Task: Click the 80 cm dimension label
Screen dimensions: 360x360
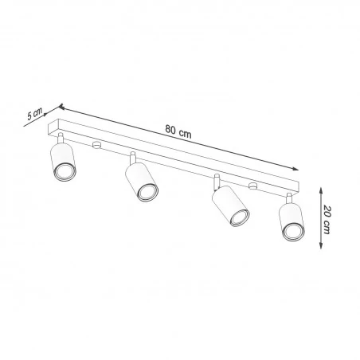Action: tap(178, 131)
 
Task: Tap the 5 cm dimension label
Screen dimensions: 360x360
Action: tap(33, 114)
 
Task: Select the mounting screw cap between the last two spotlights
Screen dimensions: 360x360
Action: tap(252, 186)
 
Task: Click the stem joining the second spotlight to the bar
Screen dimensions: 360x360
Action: tap(133, 158)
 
